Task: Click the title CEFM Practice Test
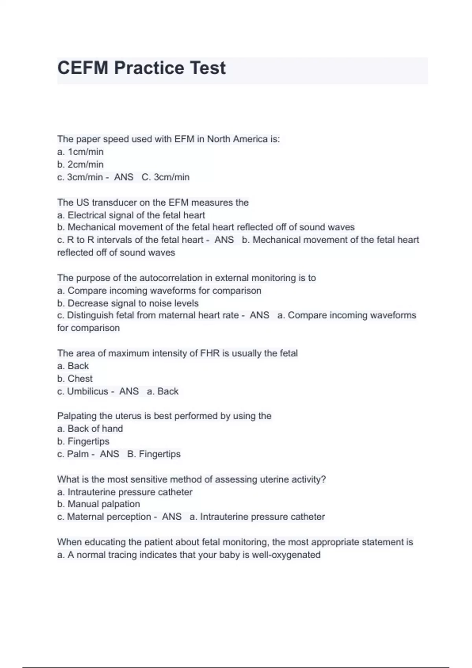click(142, 68)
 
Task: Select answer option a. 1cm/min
click(80, 152)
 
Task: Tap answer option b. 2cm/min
click(80, 164)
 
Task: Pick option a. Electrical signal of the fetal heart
click(131, 215)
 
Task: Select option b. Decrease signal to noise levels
click(128, 303)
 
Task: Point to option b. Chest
click(75, 378)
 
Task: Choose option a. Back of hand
click(90, 428)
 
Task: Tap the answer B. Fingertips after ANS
click(154, 454)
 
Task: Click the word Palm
click(78, 454)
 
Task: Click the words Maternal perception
click(109, 517)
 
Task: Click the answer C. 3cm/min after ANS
click(166, 177)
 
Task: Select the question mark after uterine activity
click(324, 479)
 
